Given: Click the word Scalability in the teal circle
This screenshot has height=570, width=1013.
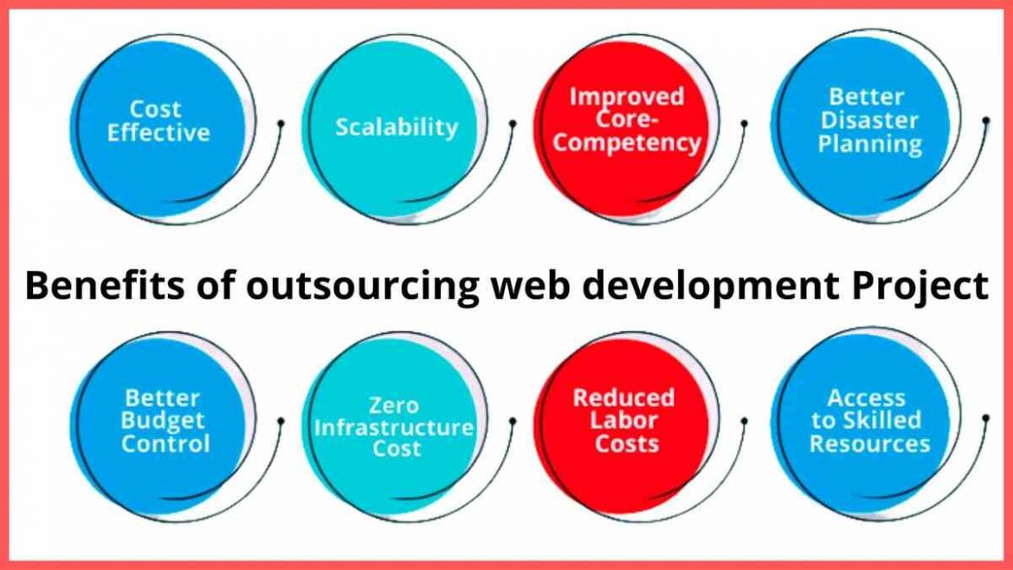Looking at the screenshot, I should point(397,127).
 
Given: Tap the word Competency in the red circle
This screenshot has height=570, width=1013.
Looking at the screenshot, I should point(627,143).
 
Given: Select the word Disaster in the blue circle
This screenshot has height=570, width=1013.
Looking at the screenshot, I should point(869,120).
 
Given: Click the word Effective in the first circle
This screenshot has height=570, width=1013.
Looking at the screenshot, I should point(158,133).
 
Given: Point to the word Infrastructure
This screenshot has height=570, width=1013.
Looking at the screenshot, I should point(394,427).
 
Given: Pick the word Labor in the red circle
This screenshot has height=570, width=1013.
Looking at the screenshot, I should point(623,421).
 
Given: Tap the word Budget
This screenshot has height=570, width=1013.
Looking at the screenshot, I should point(163,421).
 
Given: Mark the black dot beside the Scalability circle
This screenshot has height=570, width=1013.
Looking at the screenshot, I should point(513,125).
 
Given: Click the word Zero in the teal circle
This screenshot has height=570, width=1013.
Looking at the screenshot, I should point(393,405).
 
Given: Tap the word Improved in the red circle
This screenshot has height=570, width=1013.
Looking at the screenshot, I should point(626,96).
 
